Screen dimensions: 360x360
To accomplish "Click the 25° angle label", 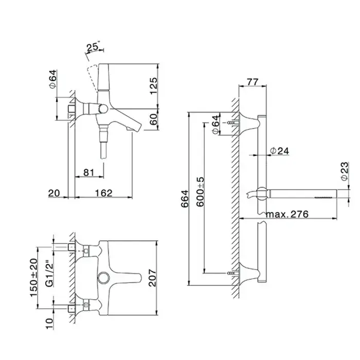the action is tap(93, 47).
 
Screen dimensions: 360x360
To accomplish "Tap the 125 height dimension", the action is tap(154, 86).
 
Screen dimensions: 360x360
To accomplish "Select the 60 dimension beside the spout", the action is tap(154, 119).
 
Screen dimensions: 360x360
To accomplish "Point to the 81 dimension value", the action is tap(89, 172).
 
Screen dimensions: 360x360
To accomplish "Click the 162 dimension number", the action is tap(104, 193).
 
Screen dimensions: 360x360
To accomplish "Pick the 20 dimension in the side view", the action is tap(54, 193).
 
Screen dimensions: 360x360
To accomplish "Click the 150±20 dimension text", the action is tap(33, 277).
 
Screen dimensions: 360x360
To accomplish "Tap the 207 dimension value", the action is tap(152, 278).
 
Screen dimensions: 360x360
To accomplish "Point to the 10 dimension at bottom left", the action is tap(49, 323).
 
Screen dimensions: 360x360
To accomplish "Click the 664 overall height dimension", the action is tap(185, 199).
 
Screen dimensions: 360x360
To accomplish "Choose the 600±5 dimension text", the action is tap(200, 192).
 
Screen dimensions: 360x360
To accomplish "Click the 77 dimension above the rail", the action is tap(253, 82).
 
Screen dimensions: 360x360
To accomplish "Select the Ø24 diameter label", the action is tap(279, 151).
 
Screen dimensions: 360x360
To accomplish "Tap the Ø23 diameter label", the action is tap(344, 171).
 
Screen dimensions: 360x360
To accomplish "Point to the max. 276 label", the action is tap(287, 214).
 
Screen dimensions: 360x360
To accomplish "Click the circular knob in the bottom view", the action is tap(103, 278).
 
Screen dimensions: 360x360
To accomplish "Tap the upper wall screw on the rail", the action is tap(232, 123).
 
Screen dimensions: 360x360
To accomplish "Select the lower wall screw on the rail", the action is tap(232, 273).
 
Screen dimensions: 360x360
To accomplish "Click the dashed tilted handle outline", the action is tap(92, 77).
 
